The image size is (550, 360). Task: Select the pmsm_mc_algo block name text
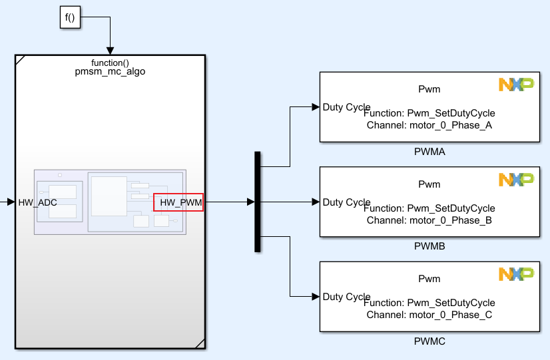[110, 72]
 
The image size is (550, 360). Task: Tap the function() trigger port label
[110, 63]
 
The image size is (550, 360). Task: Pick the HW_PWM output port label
[178, 202]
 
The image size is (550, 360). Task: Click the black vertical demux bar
[257, 202]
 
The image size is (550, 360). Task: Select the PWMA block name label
[429, 152]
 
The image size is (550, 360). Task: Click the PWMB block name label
[429, 246]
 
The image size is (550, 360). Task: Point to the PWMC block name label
[429, 341]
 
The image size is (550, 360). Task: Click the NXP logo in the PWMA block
[516, 85]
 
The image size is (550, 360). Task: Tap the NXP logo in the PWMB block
[516, 179]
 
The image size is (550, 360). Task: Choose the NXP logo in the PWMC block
[516, 273]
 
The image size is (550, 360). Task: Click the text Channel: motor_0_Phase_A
[429, 125]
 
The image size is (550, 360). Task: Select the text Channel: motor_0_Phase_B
[429, 220]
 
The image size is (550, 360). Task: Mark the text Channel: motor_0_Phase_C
[429, 315]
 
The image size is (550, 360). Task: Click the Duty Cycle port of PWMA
[346, 107]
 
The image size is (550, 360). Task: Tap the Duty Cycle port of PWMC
[346, 297]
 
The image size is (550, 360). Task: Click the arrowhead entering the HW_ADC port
[11, 202]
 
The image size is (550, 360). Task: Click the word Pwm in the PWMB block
[429, 184]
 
